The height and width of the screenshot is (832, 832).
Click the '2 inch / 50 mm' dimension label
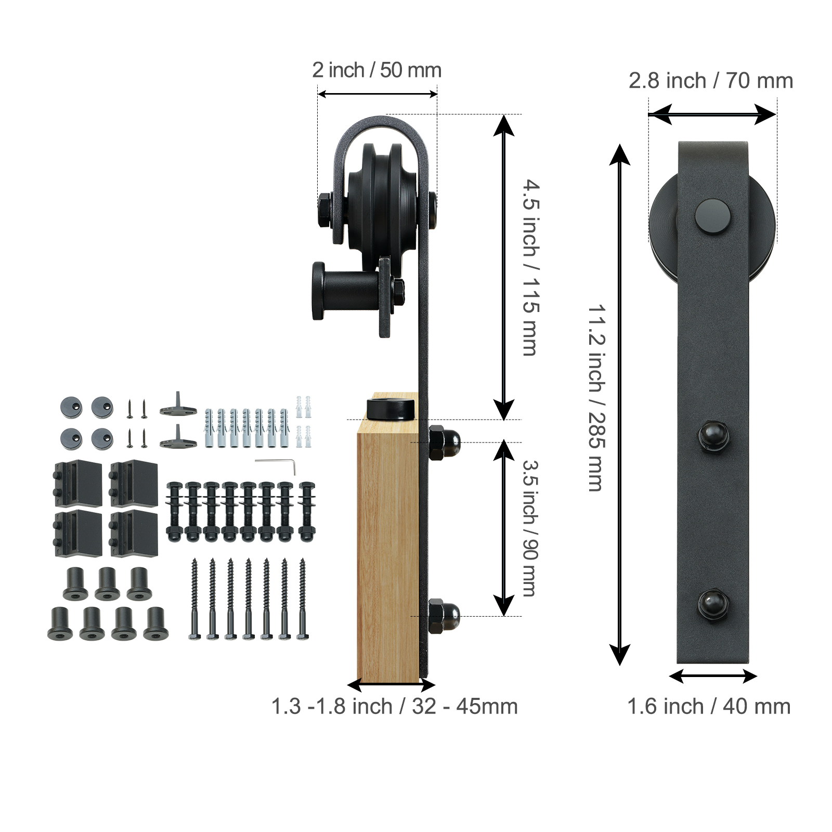click(376, 70)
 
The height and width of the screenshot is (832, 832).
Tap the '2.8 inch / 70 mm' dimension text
click(710, 81)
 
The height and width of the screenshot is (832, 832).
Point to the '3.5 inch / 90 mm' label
click(530, 527)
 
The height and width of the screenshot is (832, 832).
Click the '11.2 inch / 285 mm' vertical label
click(596, 398)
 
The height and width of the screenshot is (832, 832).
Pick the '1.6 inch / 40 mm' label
click(708, 707)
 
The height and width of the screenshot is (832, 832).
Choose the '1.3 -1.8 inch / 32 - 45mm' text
click(394, 707)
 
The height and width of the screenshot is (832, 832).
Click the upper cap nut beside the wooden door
click(445, 443)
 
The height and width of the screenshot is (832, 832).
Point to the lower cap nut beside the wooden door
click(445, 616)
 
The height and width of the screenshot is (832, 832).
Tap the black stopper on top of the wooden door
click(391, 408)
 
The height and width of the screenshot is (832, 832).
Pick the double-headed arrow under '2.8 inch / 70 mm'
click(712, 114)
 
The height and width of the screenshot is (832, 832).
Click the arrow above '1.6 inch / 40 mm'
click(712, 676)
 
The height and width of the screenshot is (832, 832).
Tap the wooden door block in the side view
click(387, 551)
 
